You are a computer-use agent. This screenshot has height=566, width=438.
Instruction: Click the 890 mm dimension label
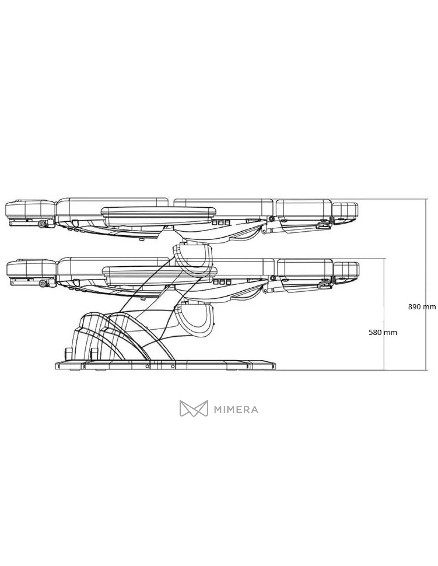click(422, 307)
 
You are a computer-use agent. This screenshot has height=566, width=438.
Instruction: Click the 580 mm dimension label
click(383, 333)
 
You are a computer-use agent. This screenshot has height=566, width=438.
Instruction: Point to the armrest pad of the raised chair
click(158, 215)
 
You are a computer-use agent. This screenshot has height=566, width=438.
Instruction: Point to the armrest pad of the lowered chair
click(159, 275)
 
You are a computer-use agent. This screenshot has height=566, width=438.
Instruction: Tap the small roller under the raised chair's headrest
click(41, 224)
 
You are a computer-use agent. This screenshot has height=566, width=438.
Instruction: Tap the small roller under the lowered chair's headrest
click(43, 283)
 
